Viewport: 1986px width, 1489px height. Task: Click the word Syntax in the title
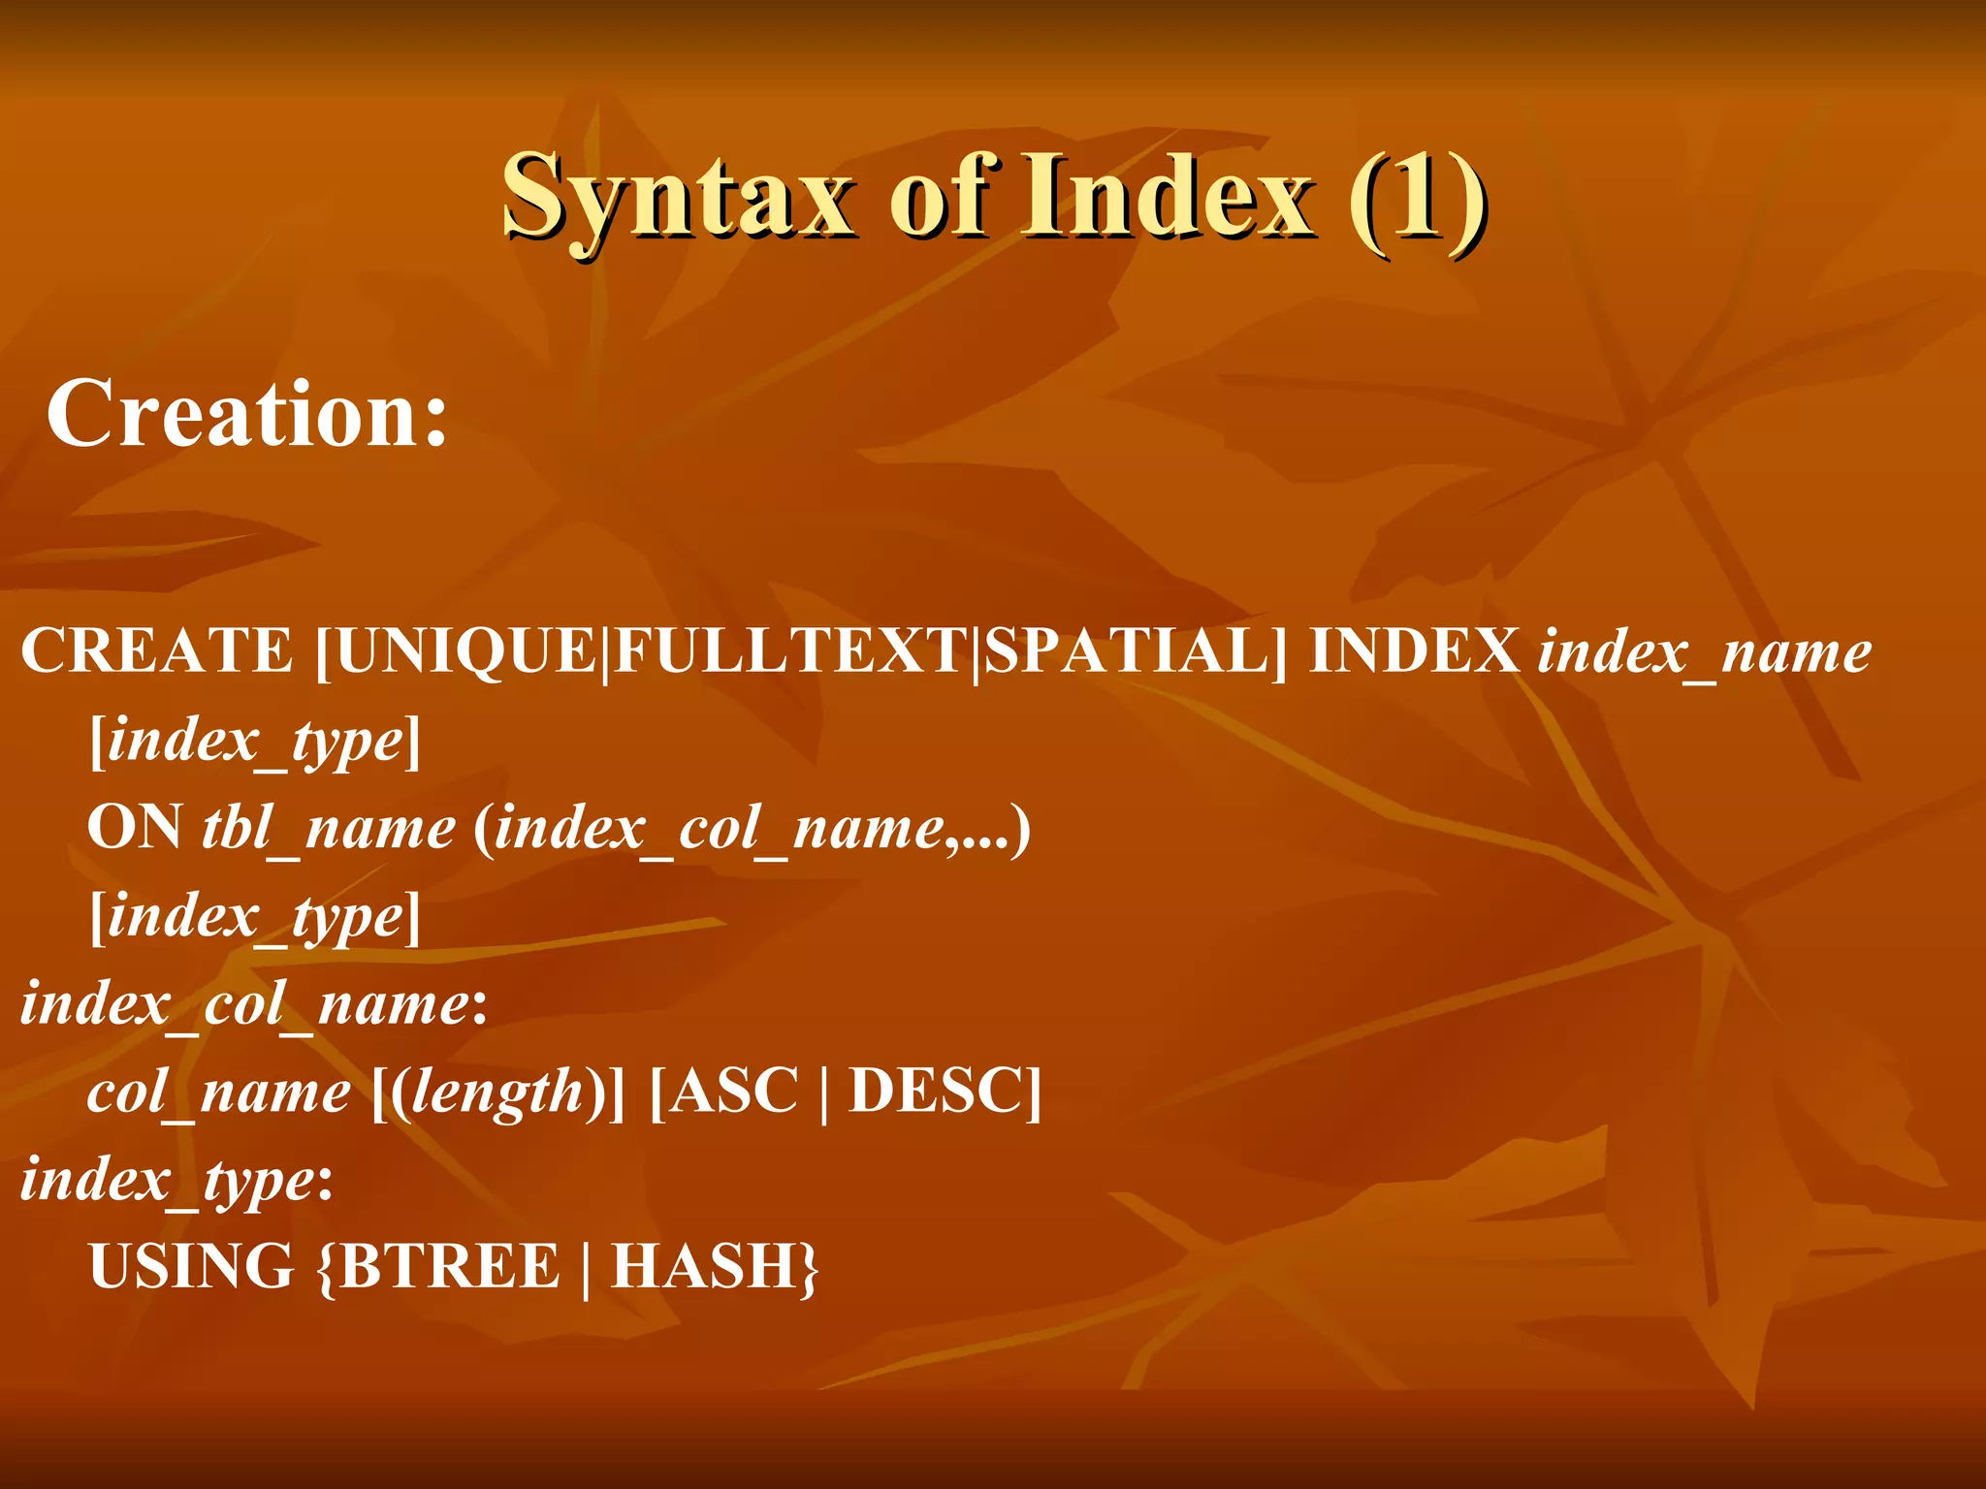pyautogui.click(x=679, y=199)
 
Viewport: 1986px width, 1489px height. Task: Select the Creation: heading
pyautogui.click(x=247, y=415)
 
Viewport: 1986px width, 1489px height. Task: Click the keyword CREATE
pyautogui.click(x=156, y=650)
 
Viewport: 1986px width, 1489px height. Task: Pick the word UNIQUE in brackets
pyautogui.click(x=465, y=650)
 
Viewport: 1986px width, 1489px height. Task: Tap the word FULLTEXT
pyautogui.click(x=791, y=650)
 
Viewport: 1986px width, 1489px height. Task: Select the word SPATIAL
pyautogui.click(x=1125, y=650)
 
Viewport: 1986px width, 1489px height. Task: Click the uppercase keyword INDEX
pyautogui.click(x=1414, y=650)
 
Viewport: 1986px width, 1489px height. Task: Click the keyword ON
pyautogui.click(x=134, y=829)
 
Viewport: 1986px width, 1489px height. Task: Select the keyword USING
pyautogui.click(x=191, y=1267)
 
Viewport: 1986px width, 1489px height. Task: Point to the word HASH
pyautogui.click(x=704, y=1267)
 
